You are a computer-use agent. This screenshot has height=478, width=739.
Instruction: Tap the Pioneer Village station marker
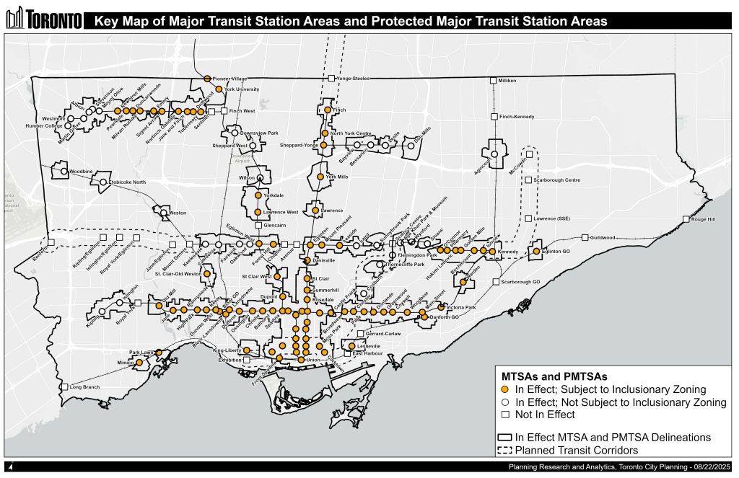click(207, 78)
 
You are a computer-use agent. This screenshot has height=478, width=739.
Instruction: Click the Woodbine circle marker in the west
click(64, 172)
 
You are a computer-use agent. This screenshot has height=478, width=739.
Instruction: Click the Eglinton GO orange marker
click(537, 252)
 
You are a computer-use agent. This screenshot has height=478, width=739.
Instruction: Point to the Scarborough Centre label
click(558, 180)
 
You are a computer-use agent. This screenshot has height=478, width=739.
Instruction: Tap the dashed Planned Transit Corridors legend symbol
click(504, 451)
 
